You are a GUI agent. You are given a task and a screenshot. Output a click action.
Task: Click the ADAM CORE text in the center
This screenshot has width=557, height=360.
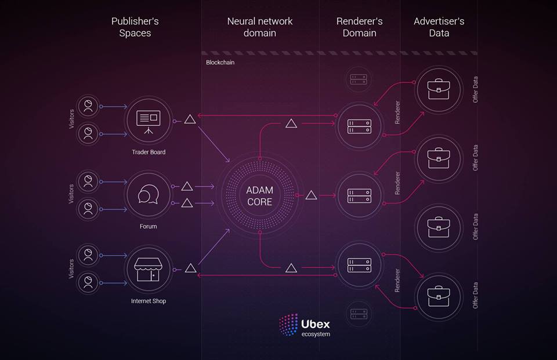(259, 196)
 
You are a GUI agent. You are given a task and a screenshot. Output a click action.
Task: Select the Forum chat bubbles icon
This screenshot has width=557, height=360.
(149, 195)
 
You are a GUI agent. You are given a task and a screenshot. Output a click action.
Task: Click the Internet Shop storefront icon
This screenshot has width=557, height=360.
(149, 268)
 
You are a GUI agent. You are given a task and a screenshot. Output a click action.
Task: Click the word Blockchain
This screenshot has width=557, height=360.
(220, 62)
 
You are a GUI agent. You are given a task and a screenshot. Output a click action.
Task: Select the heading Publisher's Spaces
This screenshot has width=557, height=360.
(135, 27)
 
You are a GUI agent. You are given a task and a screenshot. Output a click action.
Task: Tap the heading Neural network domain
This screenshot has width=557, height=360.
(259, 27)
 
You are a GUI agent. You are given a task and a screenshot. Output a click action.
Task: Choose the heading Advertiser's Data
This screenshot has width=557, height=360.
(439, 27)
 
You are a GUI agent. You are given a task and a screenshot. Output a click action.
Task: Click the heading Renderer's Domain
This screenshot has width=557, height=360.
(359, 27)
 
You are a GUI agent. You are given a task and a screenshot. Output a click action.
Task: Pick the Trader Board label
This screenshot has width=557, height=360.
(149, 152)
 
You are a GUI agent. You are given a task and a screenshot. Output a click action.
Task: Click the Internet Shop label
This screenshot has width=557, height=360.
(149, 301)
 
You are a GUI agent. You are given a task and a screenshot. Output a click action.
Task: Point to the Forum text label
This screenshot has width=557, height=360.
(149, 226)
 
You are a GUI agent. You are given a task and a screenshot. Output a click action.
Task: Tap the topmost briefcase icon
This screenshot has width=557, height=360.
(439, 89)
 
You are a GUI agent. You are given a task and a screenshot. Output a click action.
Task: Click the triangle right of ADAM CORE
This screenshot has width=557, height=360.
(311, 195)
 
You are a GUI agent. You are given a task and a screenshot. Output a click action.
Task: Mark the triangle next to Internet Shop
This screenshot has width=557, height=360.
(190, 268)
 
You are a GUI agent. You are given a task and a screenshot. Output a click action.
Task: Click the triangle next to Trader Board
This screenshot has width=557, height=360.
(190, 120)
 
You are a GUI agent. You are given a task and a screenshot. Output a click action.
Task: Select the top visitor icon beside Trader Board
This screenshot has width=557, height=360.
(88, 106)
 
